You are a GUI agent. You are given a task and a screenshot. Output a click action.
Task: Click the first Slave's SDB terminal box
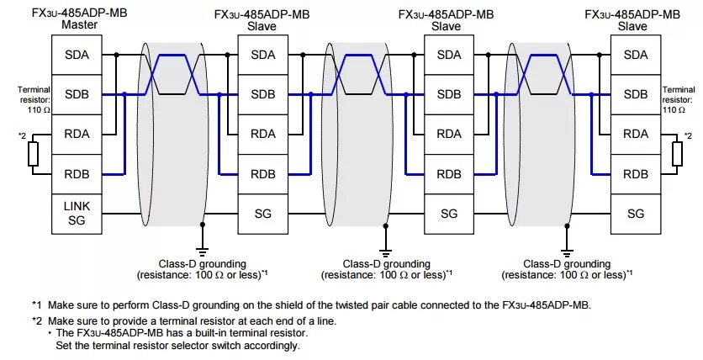pos(263,94)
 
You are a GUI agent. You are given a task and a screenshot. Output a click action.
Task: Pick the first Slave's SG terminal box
pos(263,213)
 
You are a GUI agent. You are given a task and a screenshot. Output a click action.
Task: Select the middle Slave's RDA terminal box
pos(450,134)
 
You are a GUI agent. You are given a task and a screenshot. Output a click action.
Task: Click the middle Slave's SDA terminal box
pos(450,55)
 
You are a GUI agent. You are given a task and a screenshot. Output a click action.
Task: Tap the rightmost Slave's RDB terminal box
pos(636,173)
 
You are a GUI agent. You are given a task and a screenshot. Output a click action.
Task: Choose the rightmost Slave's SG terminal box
pos(636,213)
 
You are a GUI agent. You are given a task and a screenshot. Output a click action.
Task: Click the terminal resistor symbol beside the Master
pos(34,154)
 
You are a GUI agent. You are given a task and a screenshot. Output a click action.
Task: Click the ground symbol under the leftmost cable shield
pos(202,249)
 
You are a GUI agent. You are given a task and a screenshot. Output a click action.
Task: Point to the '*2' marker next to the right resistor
pos(687,135)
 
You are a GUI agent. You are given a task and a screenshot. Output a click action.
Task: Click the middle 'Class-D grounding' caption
pos(387,264)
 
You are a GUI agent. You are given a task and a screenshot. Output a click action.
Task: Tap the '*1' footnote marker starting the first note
pos(36,304)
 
